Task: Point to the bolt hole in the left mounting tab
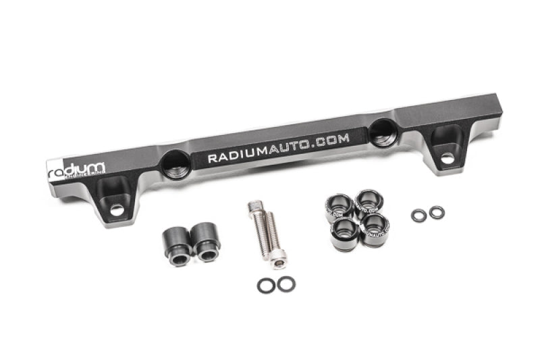coord(117,210)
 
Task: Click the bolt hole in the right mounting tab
coord(446,158)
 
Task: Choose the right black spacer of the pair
coord(206,242)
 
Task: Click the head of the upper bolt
coord(254,205)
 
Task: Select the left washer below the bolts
coord(266,286)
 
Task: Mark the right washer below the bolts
coord(286,284)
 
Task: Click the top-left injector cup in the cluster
coord(338,205)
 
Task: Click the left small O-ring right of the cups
coord(419,215)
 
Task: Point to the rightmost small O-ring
coord(437,213)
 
